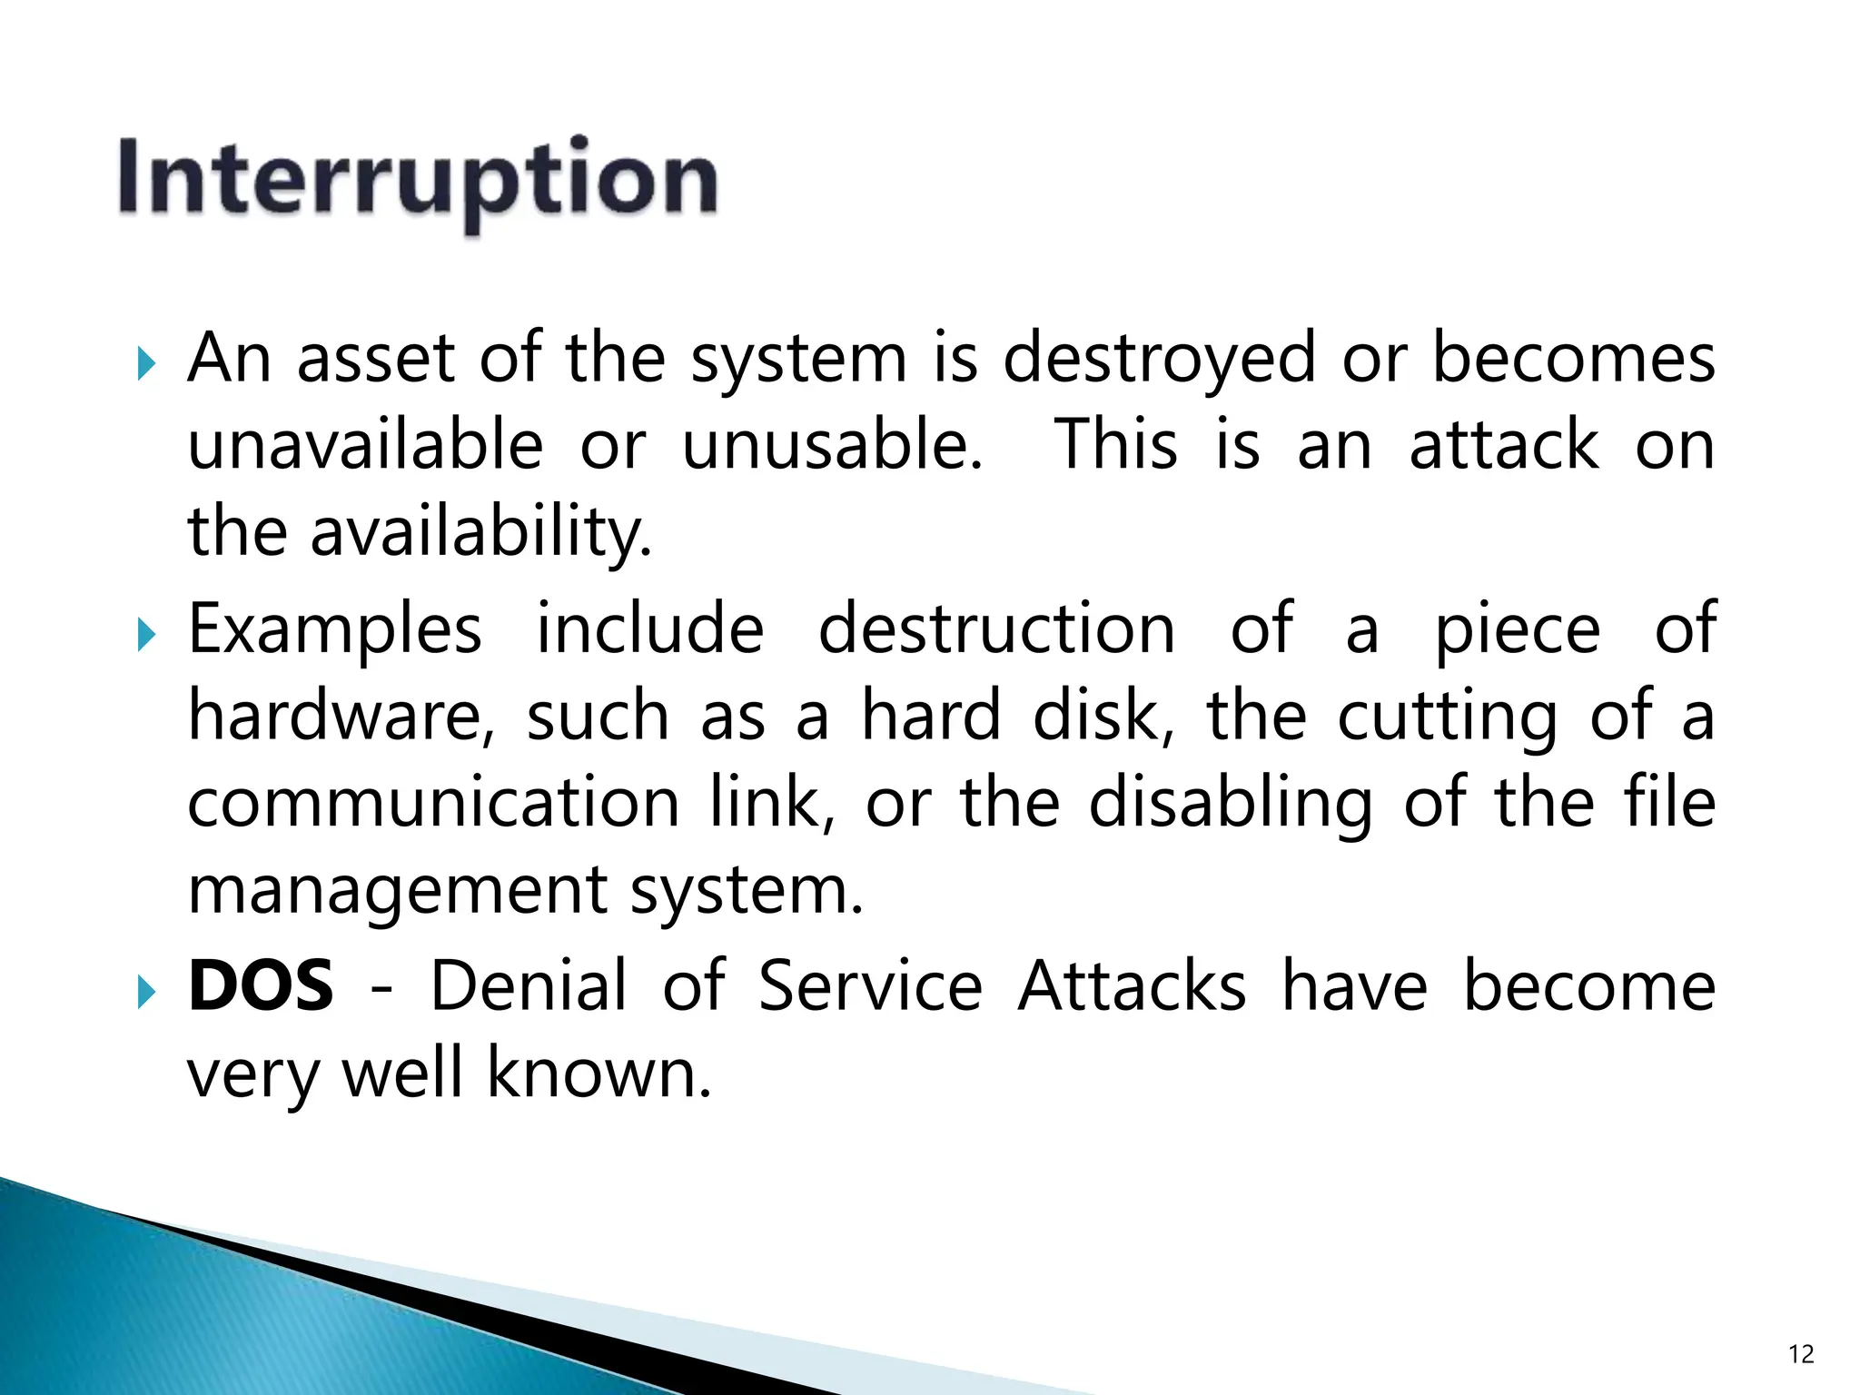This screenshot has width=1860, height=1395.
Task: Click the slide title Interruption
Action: point(418,179)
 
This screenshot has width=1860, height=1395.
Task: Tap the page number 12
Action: point(1800,1354)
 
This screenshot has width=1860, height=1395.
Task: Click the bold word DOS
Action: point(261,986)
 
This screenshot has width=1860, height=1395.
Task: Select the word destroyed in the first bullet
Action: point(1160,358)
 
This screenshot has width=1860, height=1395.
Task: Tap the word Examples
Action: point(335,628)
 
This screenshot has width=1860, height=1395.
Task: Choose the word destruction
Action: point(996,628)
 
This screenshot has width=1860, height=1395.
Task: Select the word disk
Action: point(1103,716)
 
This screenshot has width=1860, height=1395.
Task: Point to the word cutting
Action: point(1449,717)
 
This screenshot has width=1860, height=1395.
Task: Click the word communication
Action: point(433,803)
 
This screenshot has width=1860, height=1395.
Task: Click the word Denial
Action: point(528,986)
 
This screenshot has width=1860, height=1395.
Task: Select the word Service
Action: point(870,986)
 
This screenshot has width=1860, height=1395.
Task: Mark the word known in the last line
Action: point(599,1073)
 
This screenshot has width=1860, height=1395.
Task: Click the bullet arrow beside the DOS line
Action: point(146,993)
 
